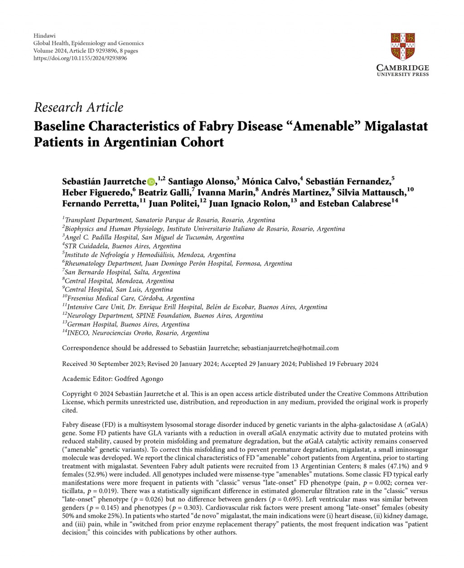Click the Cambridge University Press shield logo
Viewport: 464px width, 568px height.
coord(403,46)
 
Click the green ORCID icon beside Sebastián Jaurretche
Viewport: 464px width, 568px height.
coord(151,182)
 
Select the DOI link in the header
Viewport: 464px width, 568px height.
coord(80,58)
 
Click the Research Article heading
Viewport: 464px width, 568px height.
coord(78,108)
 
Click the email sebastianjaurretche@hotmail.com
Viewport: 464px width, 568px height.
coord(290,348)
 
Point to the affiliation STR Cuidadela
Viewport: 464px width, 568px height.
coord(123,246)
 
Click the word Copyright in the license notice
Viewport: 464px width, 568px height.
coord(77,394)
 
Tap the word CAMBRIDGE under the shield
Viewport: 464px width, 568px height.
coord(403,68)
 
